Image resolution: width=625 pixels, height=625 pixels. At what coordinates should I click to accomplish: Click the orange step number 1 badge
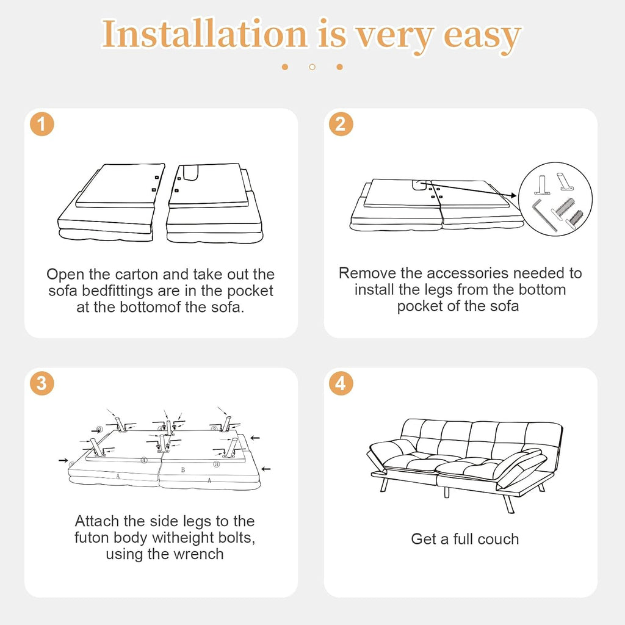42,124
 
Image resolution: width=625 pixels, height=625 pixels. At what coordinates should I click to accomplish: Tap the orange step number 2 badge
341,124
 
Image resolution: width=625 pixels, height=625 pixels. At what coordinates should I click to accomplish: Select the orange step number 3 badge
42,383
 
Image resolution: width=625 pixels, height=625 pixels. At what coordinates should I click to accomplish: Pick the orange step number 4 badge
341,383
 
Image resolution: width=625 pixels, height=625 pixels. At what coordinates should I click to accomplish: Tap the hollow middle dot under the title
312,67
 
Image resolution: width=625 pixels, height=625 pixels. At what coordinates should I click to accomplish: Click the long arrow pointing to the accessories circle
471,189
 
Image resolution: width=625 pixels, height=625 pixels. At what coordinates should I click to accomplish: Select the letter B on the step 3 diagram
183,470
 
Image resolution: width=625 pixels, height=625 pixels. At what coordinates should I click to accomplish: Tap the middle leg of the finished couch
447,492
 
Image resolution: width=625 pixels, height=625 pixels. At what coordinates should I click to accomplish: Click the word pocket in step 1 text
250,291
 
